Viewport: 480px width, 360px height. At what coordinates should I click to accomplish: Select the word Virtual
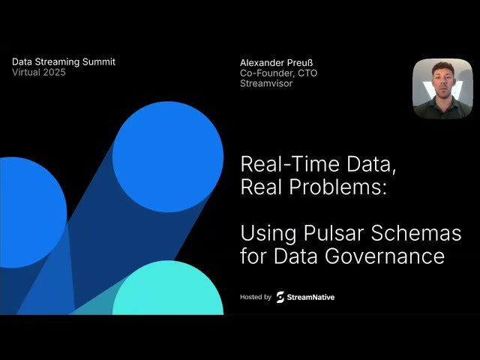coord(28,72)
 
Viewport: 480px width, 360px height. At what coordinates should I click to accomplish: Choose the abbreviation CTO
coord(304,73)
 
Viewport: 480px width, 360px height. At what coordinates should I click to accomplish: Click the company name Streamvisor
coord(266,83)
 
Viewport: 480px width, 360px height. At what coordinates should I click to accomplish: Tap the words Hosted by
coord(255,297)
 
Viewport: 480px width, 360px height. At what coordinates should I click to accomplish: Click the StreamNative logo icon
coord(280,297)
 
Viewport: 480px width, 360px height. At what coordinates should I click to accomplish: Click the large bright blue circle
coord(168,145)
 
